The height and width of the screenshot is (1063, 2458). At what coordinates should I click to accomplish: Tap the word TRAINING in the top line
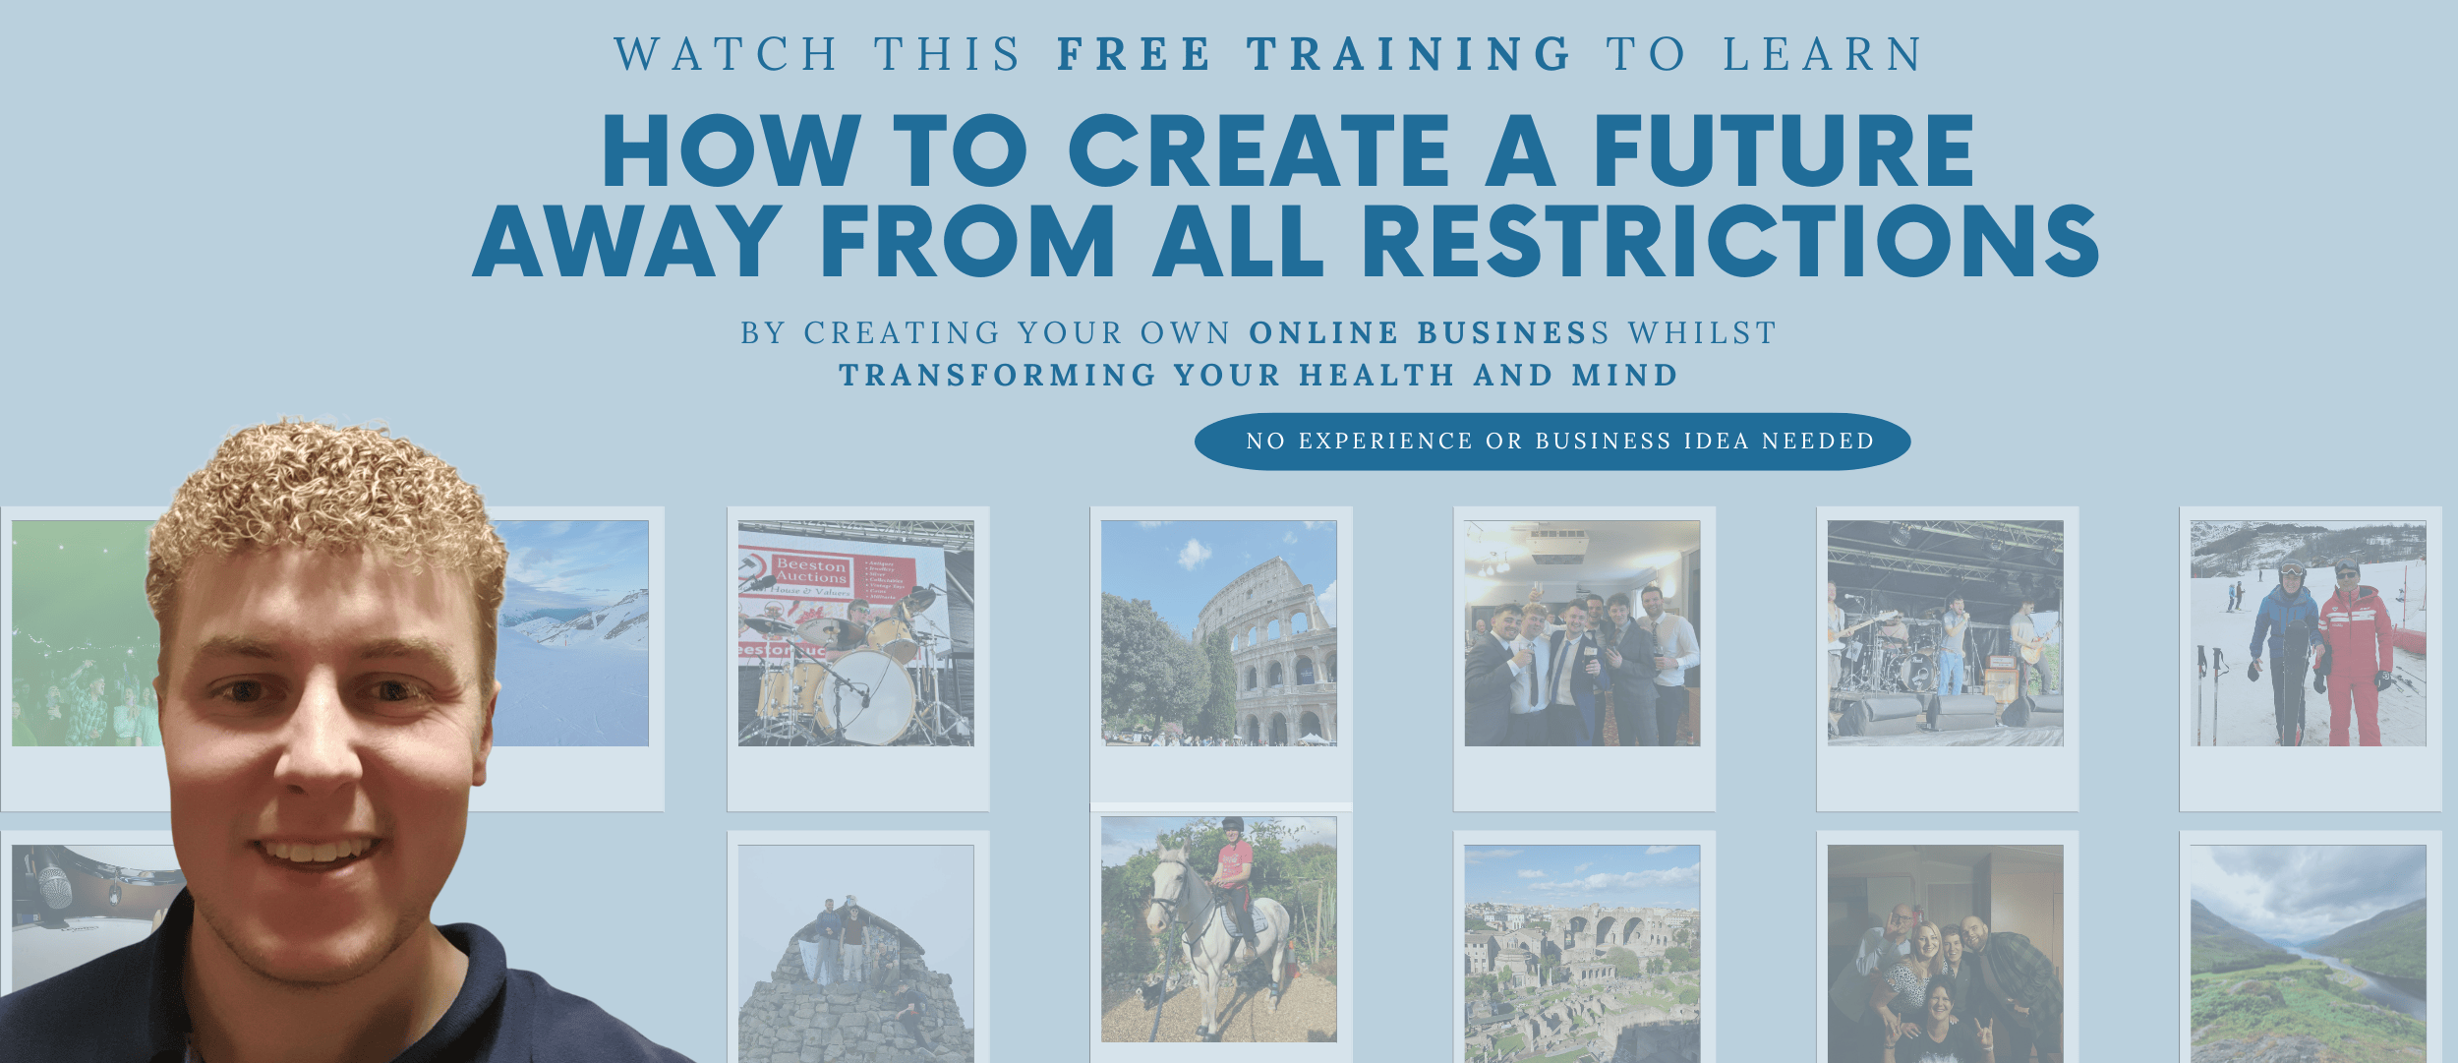[x=1410, y=54]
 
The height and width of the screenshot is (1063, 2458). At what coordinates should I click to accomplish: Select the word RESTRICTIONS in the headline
[x=1730, y=241]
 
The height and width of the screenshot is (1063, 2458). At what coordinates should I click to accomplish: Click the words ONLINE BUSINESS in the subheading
[x=1429, y=333]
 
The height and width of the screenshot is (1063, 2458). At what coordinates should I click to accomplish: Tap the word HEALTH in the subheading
[x=1376, y=376]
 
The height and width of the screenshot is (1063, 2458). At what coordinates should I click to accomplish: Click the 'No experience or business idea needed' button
[x=1552, y=442]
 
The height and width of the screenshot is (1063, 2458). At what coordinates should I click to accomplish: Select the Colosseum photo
[x=1219, y=633]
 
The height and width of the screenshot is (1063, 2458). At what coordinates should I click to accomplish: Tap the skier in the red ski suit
[x=2354, y=654]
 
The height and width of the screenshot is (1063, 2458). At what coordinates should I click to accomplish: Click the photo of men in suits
[x=1582, y=633]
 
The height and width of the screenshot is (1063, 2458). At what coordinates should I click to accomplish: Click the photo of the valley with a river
[x=2309, y=954]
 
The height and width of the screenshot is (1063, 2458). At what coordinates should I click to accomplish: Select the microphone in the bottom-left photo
[x=54, y=880]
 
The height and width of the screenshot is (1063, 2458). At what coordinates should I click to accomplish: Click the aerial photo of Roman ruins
[x=1582, y=954]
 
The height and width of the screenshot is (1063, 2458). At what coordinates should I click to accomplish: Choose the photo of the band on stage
[x=1946, y=633]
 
